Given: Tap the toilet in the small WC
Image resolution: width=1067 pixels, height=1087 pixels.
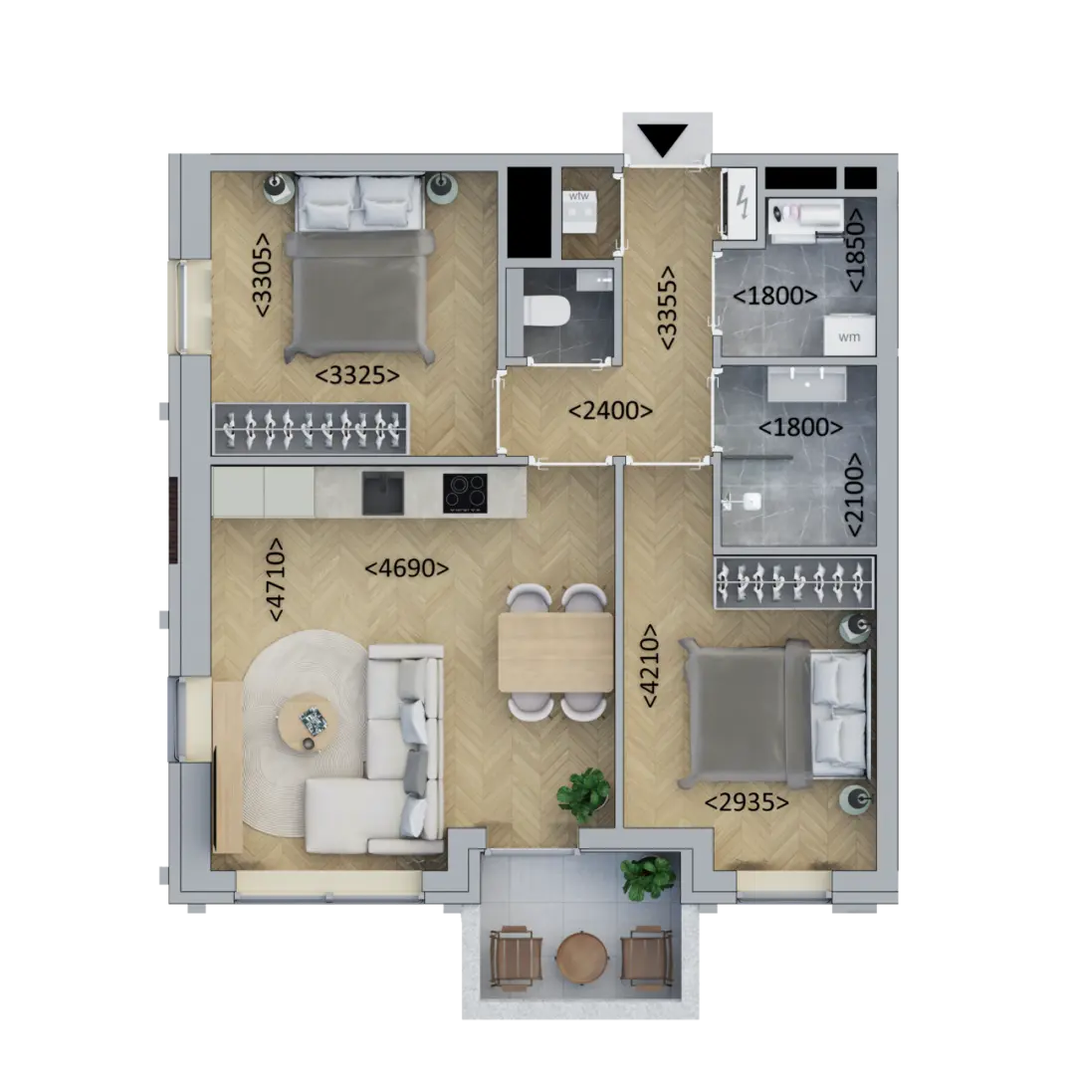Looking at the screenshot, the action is pyautogui.click(x=545, y=312).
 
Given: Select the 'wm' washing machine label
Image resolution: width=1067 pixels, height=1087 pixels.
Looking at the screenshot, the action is pyautogui.click(x=849, y=336).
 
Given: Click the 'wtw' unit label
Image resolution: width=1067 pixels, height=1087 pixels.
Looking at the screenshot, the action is pyautogui.click(x=579, y=196).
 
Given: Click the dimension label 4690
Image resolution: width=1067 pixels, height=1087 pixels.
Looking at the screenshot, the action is pyautogui.click(x=406, y=568).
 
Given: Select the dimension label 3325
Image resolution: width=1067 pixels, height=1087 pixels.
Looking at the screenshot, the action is pyautogui.click(x=357, y=375).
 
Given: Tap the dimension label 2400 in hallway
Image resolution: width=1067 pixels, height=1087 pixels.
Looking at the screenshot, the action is pyautogui.click(x=610, y=411).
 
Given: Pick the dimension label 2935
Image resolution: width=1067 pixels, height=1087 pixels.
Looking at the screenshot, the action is pyautogui.click(x=747, y=802).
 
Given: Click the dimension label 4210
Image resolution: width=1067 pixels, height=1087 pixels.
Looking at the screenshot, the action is pyautogui.click(x=650, y=666).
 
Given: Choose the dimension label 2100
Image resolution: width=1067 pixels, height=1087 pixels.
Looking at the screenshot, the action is pyautogui.click(x=854, y=495).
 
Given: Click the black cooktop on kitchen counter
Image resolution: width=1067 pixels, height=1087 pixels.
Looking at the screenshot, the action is pyautogui.click(x=465, y=493).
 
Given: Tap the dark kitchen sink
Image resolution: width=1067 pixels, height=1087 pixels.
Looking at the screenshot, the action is pyautogui.click(x=383, y=493).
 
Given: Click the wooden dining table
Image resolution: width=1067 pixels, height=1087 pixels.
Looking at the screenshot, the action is pyautogui.click(x=556, y=652).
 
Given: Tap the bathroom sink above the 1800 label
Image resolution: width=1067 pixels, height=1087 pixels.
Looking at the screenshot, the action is pyautogui.click(x=807, y=383).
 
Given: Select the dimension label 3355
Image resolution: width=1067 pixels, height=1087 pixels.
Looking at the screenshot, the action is pyautogui.click(x=668, y=308).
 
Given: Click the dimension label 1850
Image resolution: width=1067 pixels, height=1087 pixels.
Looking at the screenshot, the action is pyautogui.click(x=856, y=250).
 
